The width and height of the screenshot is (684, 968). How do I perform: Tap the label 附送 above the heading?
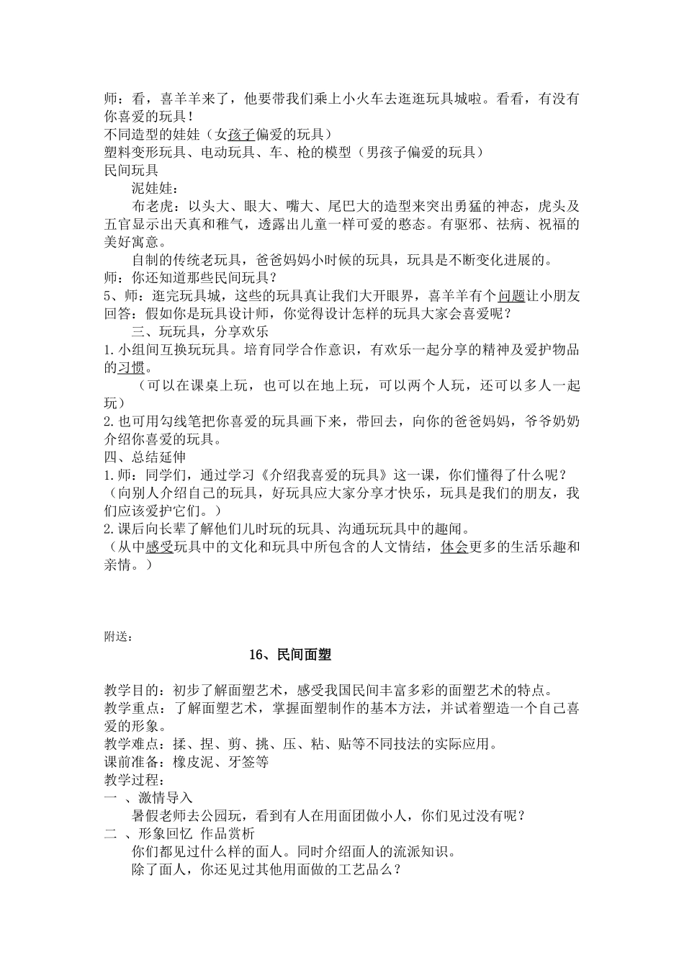(x=117, y=636)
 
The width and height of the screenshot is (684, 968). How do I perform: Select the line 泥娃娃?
(x=153, y=189)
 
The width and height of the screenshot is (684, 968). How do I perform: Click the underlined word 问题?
(x=512, y=296)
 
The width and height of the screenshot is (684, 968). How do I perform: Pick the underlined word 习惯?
(x=131, y=367)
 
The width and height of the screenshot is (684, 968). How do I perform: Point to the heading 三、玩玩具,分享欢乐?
(x=200, y=332)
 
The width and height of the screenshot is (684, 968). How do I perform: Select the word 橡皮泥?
(x=194, y=762)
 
